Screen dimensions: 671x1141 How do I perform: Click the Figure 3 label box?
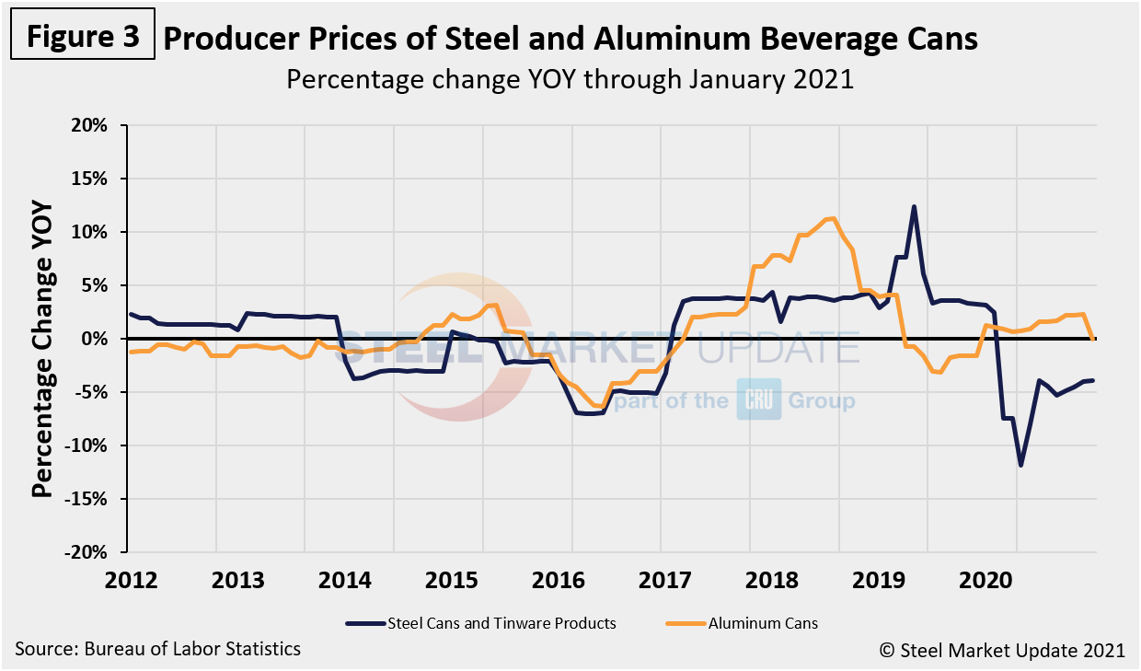point(82,36)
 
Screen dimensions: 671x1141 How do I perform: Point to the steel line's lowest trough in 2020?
point(1020,466)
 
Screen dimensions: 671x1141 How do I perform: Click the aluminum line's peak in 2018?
point(833,218)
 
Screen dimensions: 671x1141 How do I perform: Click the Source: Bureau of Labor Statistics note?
point(157,649)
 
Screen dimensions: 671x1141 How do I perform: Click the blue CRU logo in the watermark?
point(758,400)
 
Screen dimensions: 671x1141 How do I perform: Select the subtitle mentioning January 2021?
point(570,79)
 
